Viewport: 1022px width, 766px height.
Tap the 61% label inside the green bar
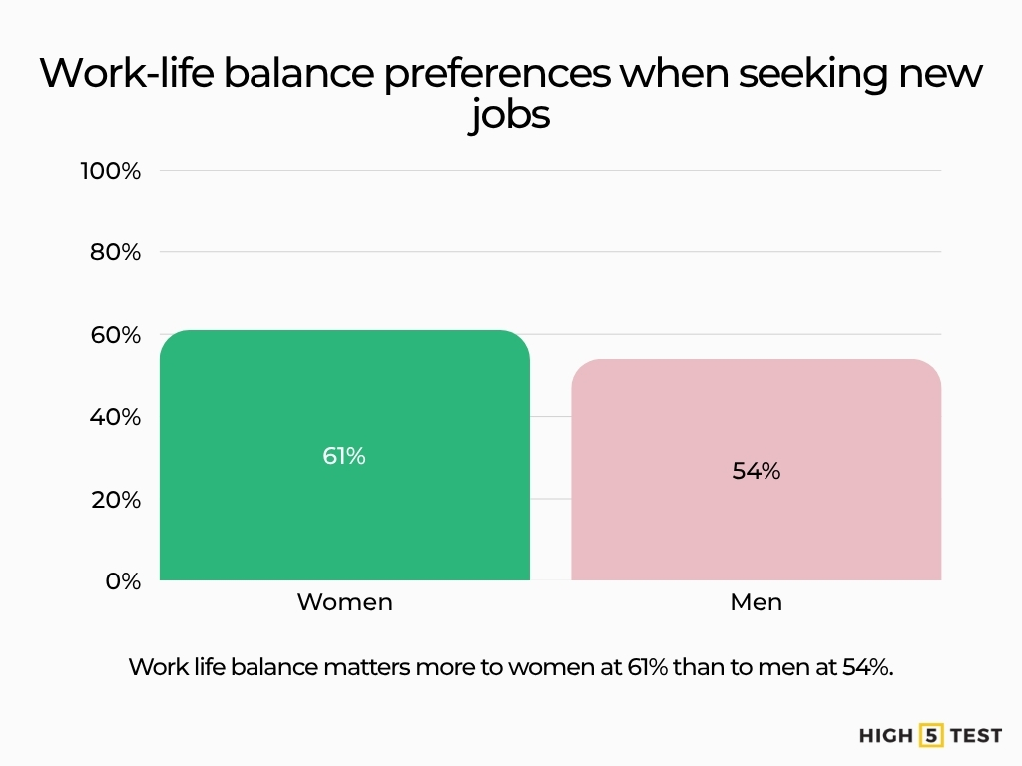point(344,456)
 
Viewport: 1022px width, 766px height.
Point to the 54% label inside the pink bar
point(756,471)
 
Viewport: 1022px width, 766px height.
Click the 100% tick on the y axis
point(111,171)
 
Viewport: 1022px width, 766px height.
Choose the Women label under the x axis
point(344,602)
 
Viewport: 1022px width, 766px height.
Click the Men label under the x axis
point(756,602)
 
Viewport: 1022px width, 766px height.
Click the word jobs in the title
point(510,116)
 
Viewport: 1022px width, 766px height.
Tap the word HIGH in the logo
point(886,736)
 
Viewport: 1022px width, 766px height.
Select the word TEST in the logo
point(976,736)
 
